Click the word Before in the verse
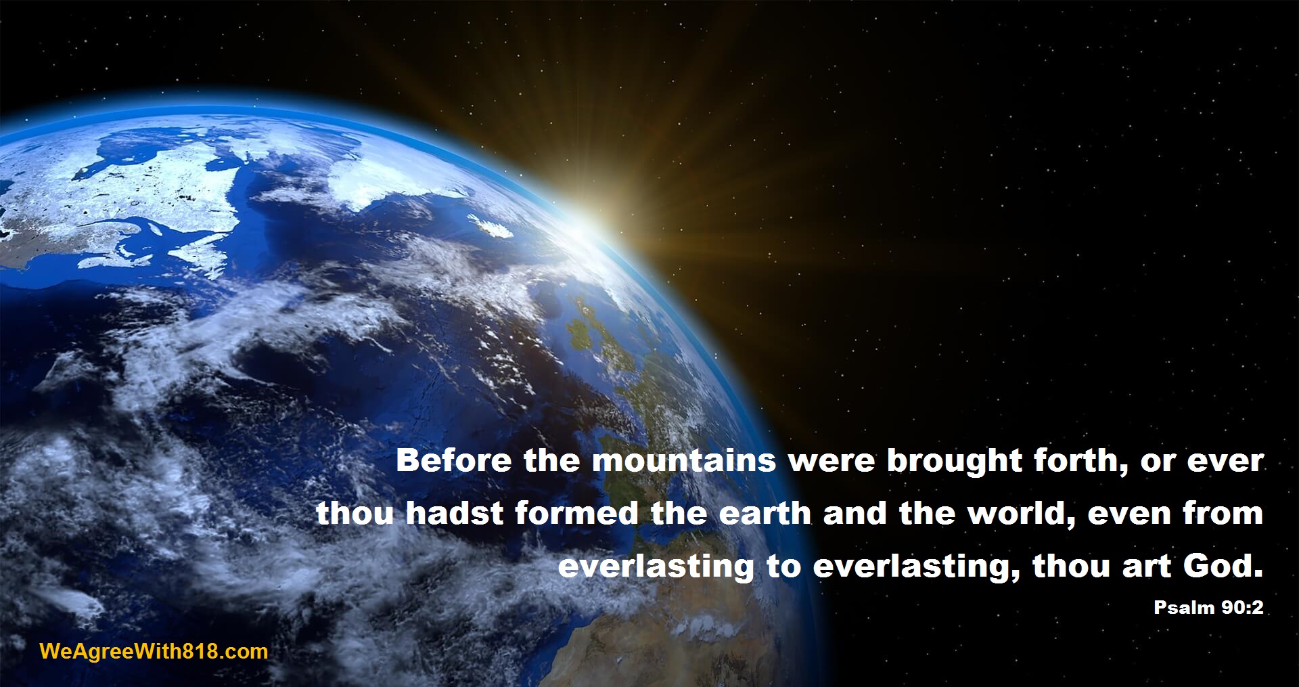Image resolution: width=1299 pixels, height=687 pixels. [454, 460]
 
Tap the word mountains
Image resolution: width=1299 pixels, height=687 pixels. [684, 461]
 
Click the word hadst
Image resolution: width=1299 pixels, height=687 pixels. [455, 513]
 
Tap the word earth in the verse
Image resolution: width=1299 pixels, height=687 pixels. [765, 513]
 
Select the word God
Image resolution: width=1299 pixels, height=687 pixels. [1223, 566]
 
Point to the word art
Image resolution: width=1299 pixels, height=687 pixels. [1147, 567]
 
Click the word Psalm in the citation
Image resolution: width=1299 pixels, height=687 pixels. [1184, 607]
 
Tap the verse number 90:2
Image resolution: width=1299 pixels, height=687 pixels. [1242, 607]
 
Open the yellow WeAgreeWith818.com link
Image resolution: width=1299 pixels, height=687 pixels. [154, 651]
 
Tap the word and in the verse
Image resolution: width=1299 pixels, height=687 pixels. [855, 513]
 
